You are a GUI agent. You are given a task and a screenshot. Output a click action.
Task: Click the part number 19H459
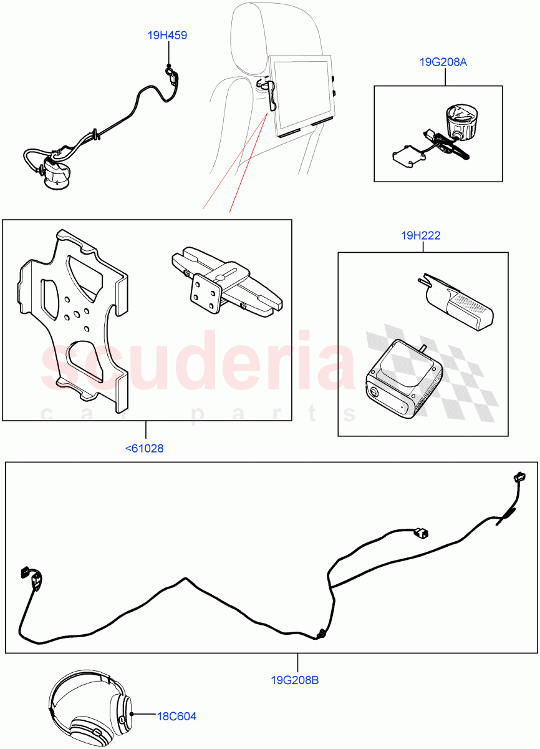pyautogui.click(x=167, y=36)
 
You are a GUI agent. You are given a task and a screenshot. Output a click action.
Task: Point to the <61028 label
pyautogui.click(x=145, y=448)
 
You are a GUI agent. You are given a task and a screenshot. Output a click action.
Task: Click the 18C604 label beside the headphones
pyautogui.click(x=176, y=717)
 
